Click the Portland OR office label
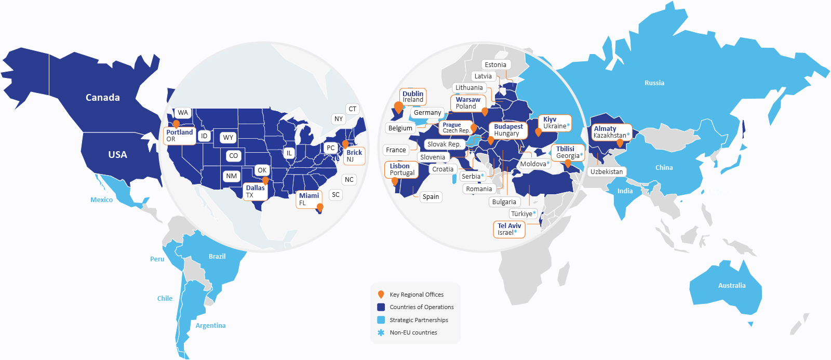[180, 136]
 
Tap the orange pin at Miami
[320, 208]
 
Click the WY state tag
[228, 138]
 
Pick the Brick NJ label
[354, 156]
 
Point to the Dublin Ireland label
[413, 97]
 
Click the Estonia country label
[495, 65]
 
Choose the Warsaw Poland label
[468, 103]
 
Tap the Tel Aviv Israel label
[509, 229]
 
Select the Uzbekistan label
[607, 172]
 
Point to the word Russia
[654, 83]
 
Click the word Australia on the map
[732, 286]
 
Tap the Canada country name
[103, 98]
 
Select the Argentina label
[210, 326]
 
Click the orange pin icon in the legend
[381, 295]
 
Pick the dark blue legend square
[381, 307]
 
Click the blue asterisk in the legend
[381, 333]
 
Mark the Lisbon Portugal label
[402, 169]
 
